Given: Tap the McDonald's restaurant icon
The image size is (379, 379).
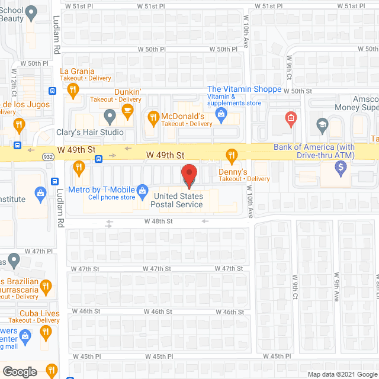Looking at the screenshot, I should [153, 117].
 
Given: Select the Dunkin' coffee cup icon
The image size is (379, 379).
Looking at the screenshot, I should [127, 110].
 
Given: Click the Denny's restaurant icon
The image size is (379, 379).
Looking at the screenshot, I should [232, 157].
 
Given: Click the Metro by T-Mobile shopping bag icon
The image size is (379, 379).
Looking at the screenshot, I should [142, 190].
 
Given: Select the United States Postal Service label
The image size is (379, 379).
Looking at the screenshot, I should [178, 200].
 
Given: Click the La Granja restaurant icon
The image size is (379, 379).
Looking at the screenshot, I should [73, 89].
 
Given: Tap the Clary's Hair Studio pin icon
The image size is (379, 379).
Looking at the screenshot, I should [110, 115].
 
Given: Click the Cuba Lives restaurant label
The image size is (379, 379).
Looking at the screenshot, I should [39, 313].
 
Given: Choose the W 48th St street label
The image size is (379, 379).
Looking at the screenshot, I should [158, 221].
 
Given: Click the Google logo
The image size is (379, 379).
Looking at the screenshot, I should [19, 372].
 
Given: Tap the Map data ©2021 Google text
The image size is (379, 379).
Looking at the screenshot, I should [341, 374].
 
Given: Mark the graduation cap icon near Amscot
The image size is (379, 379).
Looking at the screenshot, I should [322, 123].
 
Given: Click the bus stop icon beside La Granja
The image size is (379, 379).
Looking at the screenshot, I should [53, 91].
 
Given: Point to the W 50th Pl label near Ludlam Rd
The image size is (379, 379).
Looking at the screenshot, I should [38, 63].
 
